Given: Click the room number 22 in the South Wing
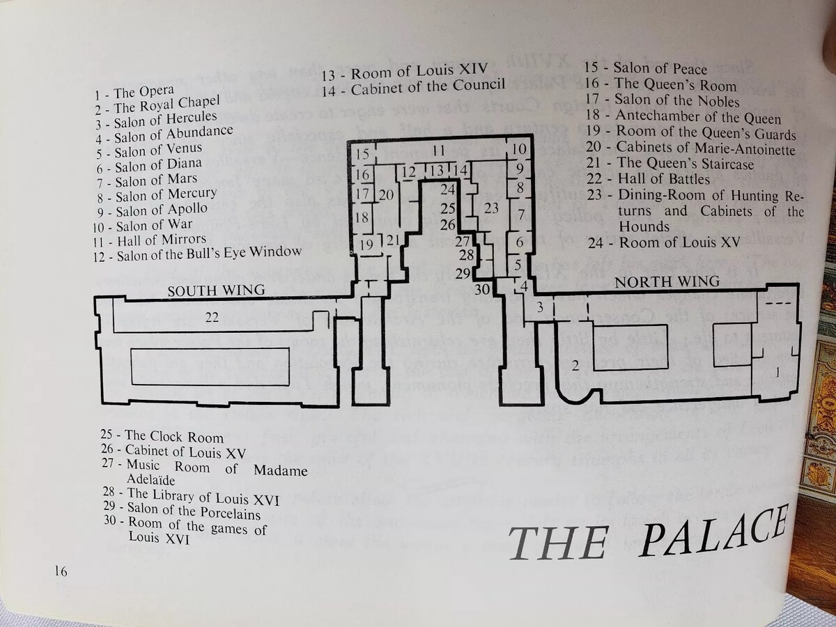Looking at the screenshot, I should [x=212, y=318].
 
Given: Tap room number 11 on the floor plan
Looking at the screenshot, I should [x=438, y=150].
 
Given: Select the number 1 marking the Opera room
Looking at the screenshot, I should [x=777, y=373].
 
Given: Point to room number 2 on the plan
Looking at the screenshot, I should [x=575, y=365].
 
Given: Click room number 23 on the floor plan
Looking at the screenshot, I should [x=492, y=207].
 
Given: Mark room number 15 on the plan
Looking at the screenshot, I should [x=362, y=154].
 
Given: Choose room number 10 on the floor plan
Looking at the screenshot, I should [x=519, y=149].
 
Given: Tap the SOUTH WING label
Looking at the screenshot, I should [x=216, y=291].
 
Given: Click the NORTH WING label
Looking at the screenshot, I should [x=667, y=282].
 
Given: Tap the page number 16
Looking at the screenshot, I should [x=61, y=571].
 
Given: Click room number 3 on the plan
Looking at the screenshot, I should [x=539, y=307].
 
